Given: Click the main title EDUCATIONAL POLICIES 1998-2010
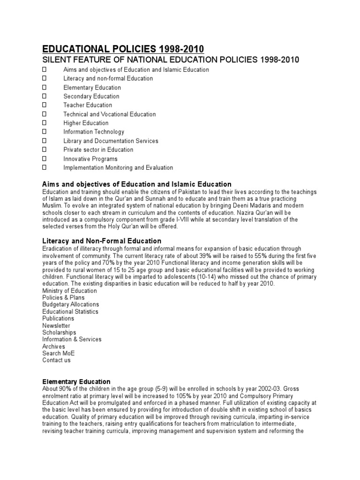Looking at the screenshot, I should (x=123, y=50).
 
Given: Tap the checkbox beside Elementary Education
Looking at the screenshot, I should (x=45, y=88).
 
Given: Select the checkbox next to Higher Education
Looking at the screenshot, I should (x=45, y=123).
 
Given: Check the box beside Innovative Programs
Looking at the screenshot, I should (x=45, y=159).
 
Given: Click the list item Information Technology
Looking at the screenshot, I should (x=94, y=132).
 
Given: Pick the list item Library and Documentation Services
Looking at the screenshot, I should (x=111, y=141).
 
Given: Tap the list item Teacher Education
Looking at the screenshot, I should (x=88, y=105).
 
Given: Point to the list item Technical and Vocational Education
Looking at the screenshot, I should (x=110, y=114).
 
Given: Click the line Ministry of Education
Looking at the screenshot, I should (x=69, y=291).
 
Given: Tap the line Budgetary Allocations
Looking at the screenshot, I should (x=70, y=305).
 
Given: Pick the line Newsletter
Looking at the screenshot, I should (x=56, y=325).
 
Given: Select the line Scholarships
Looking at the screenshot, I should (x=59, y=332).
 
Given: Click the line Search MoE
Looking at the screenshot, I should (x=58, y=353).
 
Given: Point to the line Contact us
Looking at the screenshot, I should (x=56, y=360).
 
